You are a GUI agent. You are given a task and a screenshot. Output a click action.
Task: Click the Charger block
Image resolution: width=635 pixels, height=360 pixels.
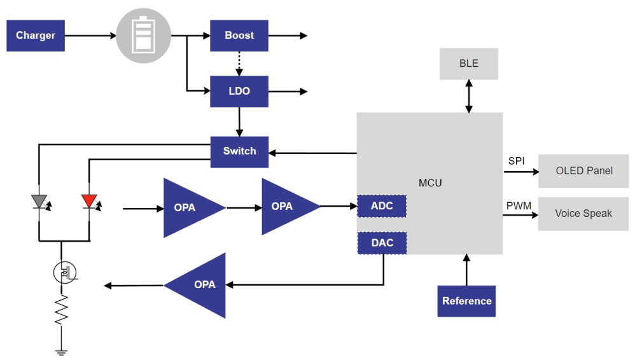click(36, 36)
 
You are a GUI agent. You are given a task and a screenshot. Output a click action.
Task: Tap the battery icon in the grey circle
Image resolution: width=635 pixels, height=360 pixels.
click(143, 36)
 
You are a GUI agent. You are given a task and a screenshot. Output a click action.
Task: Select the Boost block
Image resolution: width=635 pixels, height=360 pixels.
click(239, 36)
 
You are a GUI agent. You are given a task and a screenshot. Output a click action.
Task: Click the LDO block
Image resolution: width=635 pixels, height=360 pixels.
click(239, 91)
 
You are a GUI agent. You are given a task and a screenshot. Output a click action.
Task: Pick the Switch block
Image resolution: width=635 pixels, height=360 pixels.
click(239, 151)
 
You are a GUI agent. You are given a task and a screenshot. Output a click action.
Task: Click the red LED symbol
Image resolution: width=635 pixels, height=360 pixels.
click(88, 202)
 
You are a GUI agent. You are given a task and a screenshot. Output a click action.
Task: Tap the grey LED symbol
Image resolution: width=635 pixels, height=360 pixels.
click(39, 202)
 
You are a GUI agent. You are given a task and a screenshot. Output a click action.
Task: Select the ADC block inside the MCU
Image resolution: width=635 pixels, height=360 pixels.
click(382, 206)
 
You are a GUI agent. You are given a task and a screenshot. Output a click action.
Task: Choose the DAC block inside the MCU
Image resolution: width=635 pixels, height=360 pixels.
click(382, 243)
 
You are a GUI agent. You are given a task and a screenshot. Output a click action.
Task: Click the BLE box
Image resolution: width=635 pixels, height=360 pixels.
click(469, 64)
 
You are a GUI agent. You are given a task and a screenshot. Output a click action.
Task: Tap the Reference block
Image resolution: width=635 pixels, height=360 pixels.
click(466, 301)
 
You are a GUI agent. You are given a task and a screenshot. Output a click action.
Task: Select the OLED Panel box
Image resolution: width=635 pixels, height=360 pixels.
click(583, 170)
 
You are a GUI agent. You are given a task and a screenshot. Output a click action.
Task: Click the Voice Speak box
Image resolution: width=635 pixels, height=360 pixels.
click(583, 214)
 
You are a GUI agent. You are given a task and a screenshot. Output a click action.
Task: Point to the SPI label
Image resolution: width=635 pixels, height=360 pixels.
click(516, 161)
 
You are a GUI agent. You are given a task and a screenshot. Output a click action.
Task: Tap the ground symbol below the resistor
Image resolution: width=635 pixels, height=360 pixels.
click(61, 349)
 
